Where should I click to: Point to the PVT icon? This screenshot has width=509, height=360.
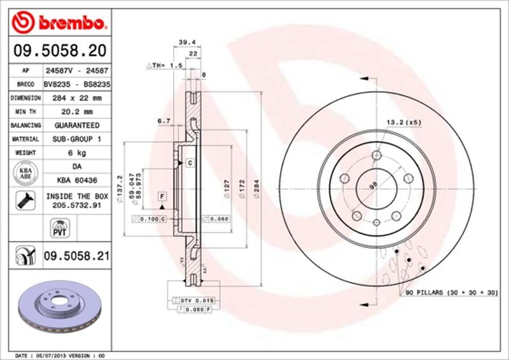(58, 226)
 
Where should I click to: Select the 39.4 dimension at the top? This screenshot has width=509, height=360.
(185, 42)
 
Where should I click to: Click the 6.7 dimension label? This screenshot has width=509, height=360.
(163, 120)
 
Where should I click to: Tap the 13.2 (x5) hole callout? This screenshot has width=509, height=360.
(403, 121)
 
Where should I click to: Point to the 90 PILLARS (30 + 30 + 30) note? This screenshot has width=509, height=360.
(448, 292)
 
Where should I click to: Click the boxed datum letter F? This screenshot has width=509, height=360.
(162, 195)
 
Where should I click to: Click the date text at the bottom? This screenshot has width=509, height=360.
(59, 354)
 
